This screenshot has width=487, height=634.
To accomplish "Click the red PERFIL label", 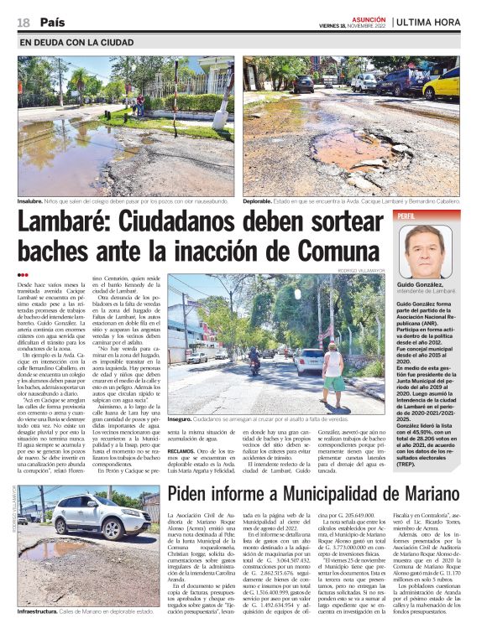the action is tap(408, 216).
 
